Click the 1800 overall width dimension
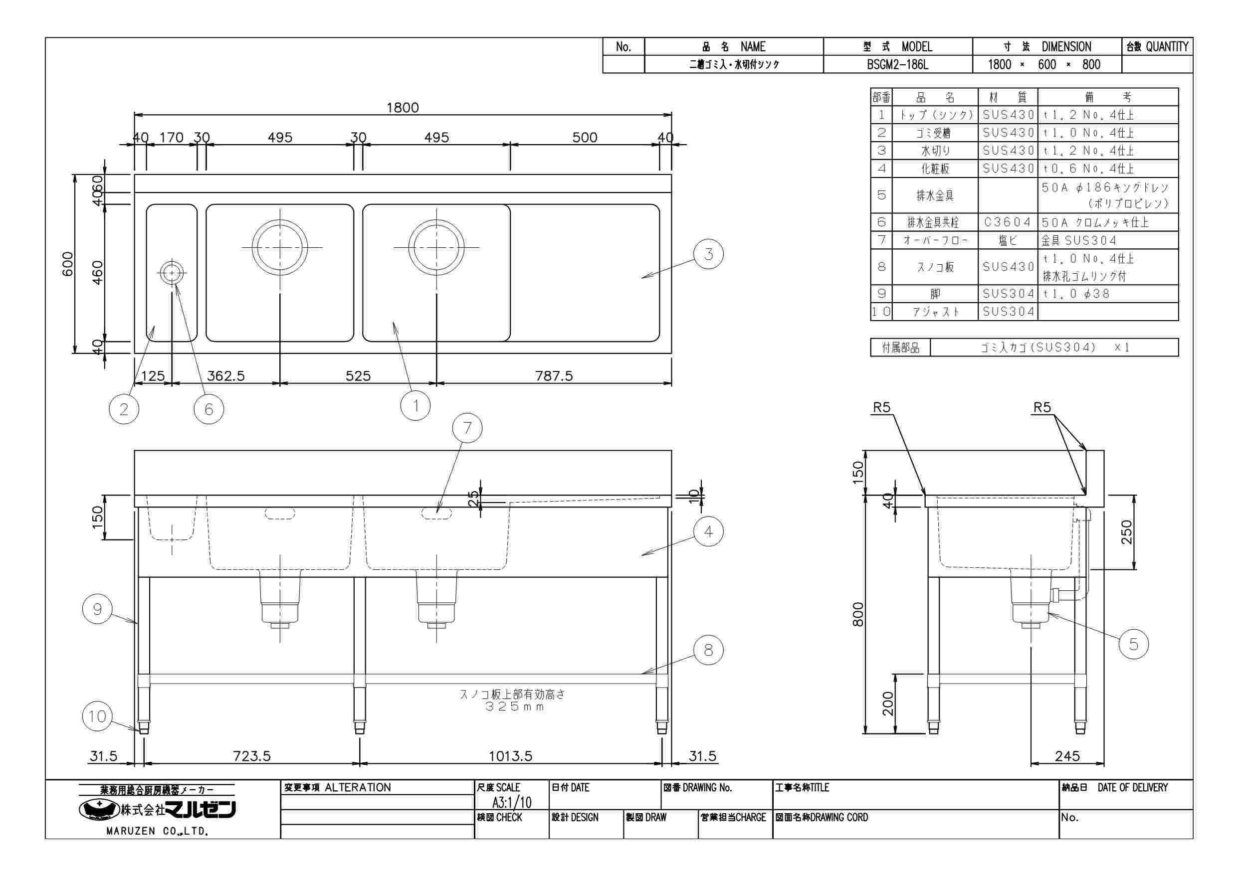(403, 107)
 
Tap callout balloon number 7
(467, 428)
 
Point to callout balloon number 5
(1133, 644)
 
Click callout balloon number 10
(97, 716)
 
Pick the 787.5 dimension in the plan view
(554, 375)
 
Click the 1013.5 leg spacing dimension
(510, 756)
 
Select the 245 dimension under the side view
(1067, 756)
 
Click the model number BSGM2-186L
(897, 65)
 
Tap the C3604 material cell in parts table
(1008, 222)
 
